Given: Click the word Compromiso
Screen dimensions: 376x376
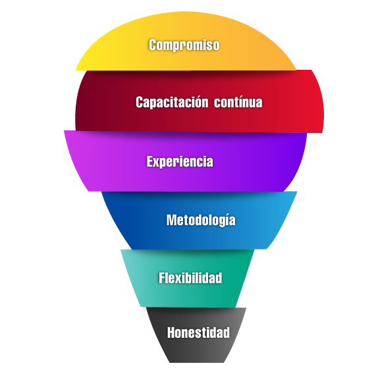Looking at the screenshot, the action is point(184,45).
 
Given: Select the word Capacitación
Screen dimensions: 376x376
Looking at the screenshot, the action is point(172,102).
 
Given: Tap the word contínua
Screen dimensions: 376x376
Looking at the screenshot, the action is point(238,102).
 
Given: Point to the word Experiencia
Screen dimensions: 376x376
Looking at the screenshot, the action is point(180,161).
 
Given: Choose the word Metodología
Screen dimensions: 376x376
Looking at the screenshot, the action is point(201,220).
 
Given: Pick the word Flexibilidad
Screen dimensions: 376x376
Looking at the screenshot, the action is point(190,278).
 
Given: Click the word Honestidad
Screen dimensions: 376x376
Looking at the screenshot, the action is point(198,333).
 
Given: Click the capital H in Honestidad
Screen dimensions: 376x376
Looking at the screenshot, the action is point(172,333).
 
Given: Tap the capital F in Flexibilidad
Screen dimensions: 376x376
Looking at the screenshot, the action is point(162,278).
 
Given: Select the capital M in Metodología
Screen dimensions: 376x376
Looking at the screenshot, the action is point(172,220).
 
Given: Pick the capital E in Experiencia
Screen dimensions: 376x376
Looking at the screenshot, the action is point(150,161).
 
